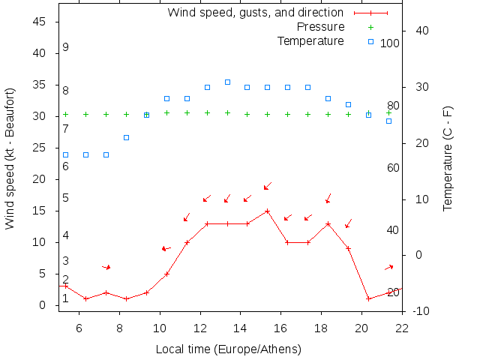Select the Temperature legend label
point(310,40)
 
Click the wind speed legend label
point(255,13)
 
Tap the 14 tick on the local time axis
point(240,327)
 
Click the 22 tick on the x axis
point(402,327)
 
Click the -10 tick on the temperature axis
point(421,311)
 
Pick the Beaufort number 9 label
point(66,47)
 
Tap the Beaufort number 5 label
point(66,198)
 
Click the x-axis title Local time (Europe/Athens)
point(228,349)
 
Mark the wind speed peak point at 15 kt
point(267,211)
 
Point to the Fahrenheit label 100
point(390,43)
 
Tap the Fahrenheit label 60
point(393,168)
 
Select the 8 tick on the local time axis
point(119,327)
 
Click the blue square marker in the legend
point(370,40)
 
